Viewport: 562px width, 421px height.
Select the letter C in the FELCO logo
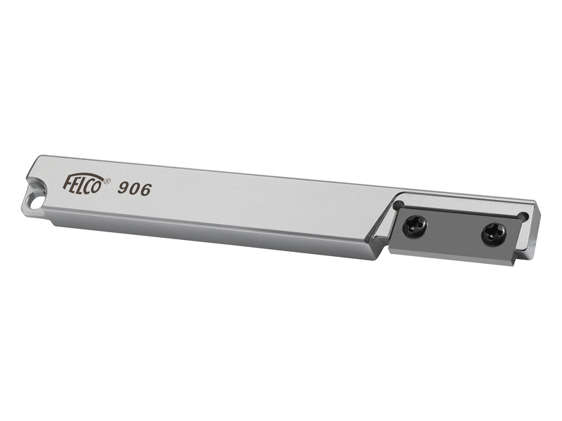point(91,187)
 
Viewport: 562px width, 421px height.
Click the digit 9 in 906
point(124,188)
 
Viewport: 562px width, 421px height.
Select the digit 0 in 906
point(135,189)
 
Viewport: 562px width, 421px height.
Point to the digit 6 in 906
point(145,189)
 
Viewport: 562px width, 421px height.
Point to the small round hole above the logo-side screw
point(398,206)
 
